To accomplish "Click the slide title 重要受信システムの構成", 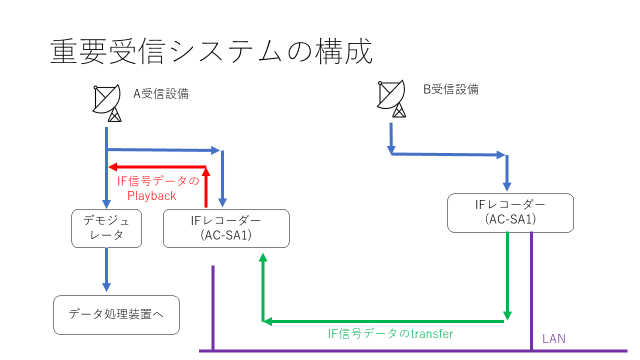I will [x=211, y=52].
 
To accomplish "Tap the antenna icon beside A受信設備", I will [x=107, y=103].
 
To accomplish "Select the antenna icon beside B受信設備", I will [x=392, y=99].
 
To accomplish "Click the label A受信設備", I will [x=160, y=93].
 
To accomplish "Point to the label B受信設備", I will [x=451, y=89].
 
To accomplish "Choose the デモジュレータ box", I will [x=106, y=228].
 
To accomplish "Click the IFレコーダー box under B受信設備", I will [x=510, y=213].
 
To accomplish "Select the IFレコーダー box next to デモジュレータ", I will [x=226, y=228].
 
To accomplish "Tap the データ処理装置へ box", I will [x=116, y=315].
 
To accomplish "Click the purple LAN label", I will [x=554, y=338].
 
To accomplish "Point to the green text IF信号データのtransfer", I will [x=390, y=333].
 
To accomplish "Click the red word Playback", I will [x=152, y=195].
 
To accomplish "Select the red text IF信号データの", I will [x=158, y=181].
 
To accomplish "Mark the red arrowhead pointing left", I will [x=112, y=167].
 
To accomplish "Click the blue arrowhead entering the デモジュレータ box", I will [x=106, y=204].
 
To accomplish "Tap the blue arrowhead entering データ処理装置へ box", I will [x=106, y=287].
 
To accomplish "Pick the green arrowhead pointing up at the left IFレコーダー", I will [x=262, y=257].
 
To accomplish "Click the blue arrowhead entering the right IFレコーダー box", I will [x=507, y=187].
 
